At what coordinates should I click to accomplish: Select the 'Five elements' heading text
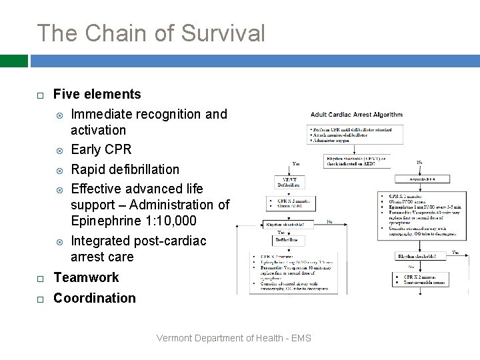[x=97, y=94]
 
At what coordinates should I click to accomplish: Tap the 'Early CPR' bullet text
[x=101, y=149]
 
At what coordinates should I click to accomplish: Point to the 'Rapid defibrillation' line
[x=125, y=169]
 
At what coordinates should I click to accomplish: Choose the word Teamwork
[x=86, y=277]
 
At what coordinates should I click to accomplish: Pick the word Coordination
[x=94, y=298]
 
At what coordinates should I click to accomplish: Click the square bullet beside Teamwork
[x=40, y=279]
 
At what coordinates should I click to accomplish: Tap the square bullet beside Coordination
[x=40, y=299]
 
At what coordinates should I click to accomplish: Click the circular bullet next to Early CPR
[x=59, y=150]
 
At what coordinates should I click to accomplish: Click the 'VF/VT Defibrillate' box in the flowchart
[x=290, y=184]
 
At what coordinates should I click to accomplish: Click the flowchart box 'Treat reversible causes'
[x=427, y=281]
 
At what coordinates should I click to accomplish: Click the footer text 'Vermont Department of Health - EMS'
[x=233, y=338]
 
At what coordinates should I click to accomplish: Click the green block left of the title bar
[x=13, y=61]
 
